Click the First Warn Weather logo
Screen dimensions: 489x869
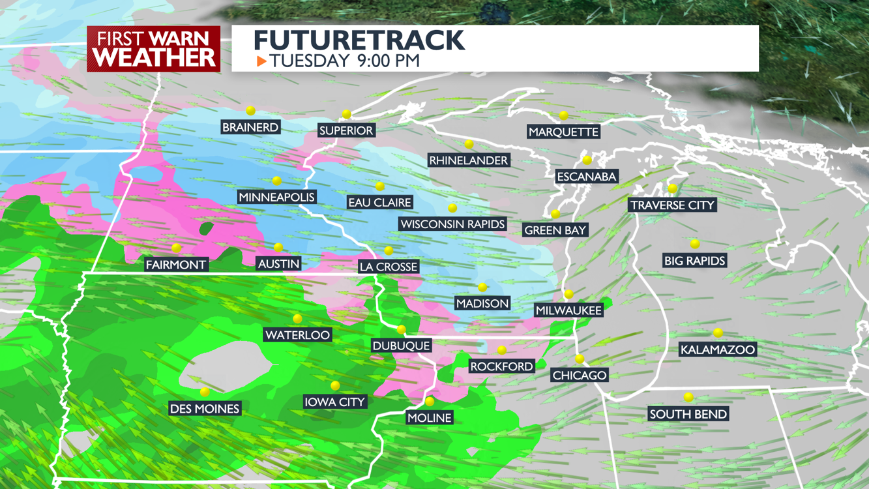click(x=153, y=49)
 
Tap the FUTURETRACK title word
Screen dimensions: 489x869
click(x=359, y=40)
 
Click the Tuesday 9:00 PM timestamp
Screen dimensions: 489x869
click(x=344, y=61)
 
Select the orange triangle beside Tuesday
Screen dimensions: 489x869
click(x=261, y=61)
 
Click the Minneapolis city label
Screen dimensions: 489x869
click(x=276, y=197)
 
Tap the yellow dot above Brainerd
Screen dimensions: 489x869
click(x=250, y=111)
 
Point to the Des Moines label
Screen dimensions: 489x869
click(x=205, y=409)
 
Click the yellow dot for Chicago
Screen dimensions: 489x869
click(x=580, y=359)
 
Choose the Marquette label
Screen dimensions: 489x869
click(x=563, y=132)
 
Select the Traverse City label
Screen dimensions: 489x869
click(x=673, y=205)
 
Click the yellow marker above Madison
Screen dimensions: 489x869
click(x=482, y=288)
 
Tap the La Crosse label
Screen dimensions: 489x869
click(x=389, y=267)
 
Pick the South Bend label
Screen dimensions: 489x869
click(x=688, y=414)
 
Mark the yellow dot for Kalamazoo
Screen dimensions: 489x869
click(x=718, y=333)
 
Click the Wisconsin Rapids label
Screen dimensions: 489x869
click(x=452, y=224)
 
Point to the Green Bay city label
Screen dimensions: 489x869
click(x=555, y=230)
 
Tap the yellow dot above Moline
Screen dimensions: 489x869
click(x=430, y=402)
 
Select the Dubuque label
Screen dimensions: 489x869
click(x=401, y=346)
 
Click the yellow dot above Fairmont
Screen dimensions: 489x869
click(x=176, y=248)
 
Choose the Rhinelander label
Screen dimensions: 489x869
click(x=468, y=160)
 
